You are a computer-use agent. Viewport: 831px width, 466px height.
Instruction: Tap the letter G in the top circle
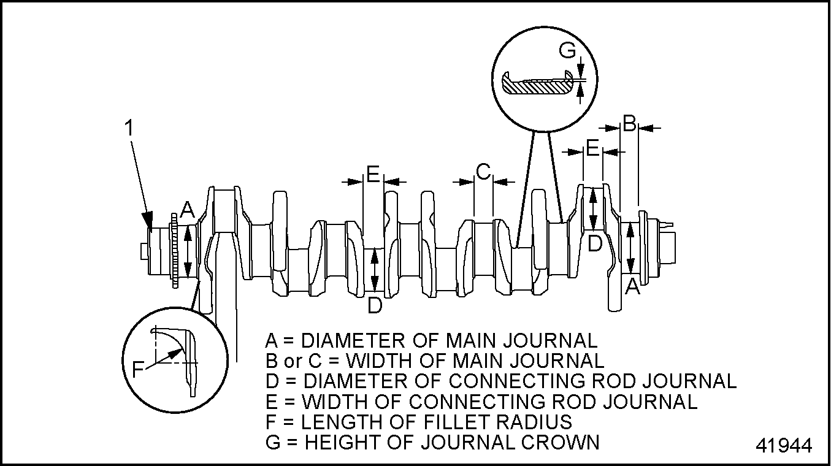569,50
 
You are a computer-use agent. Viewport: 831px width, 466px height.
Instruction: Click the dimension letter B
629,124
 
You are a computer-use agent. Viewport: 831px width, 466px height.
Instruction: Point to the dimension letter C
483,172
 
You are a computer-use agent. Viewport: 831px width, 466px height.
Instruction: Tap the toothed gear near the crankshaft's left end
175,251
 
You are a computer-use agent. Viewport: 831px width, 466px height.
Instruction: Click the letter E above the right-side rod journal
592,148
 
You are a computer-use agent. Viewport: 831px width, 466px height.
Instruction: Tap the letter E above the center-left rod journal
373,174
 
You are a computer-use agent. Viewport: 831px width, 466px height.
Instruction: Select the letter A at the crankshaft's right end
632,286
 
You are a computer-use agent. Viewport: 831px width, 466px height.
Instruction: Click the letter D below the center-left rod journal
375,305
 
